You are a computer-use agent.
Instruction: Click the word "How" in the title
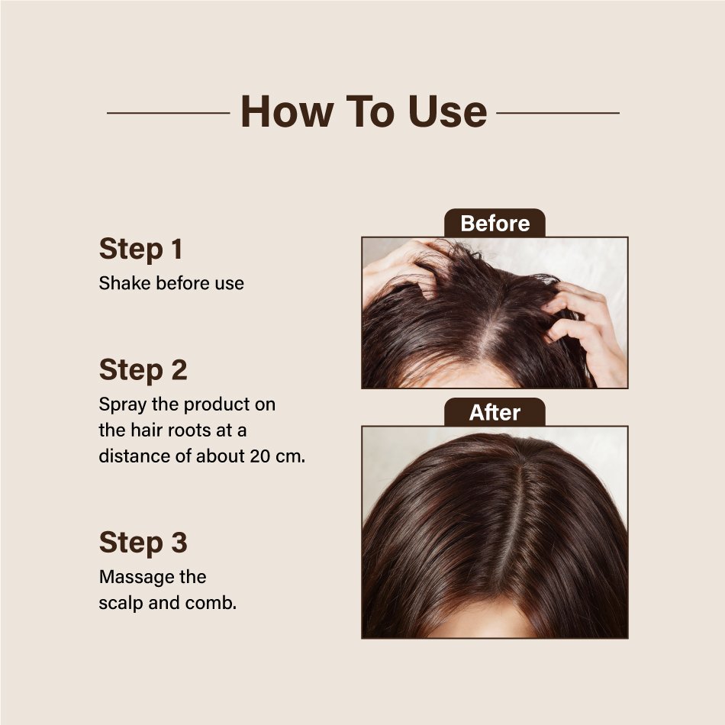click(287, 111)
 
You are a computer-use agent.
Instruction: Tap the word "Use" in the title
click(447, 111)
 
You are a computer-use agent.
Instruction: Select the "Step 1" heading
click(140, 249)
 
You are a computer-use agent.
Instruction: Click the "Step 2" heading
click(143, 370)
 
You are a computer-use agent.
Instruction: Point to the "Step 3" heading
click(143, 542)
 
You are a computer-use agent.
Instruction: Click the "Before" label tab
click(495, 224)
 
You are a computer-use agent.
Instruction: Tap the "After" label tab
click(495, 412)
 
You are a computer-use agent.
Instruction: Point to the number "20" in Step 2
click(259, 456)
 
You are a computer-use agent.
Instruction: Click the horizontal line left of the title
click(169, 113)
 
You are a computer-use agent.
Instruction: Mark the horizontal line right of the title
click(558, 113)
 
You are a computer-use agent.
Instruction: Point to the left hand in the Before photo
click(402, 272)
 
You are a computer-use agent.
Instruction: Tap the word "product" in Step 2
click(217, 405)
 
